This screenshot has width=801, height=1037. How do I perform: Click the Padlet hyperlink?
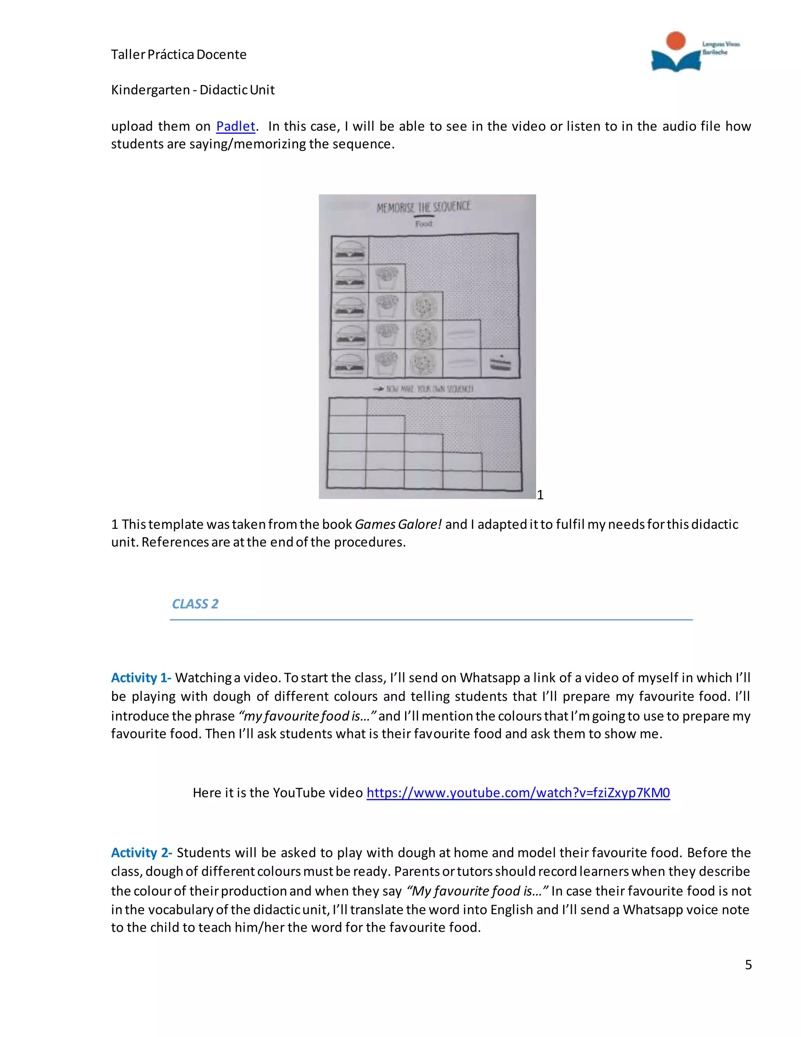pyautogui.click(x=235, y=126)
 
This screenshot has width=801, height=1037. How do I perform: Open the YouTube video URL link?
pyautogui.click(x=518, y=792)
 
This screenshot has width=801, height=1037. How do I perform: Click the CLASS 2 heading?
pyautogui.click(x=195, y=604)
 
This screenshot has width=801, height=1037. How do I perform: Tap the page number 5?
pyautogui.click(x=748, y=965)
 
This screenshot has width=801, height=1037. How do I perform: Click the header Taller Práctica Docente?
pyautogui.click(x=178, y=55)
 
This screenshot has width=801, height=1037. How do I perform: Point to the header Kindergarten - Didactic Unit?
pyautogui.click(x=193, y=90)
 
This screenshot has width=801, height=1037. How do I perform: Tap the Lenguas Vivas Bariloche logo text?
pyautogui.click(x=720, y=48)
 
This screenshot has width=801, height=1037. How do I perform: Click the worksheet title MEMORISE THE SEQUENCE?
pyautogui.click(x=423, y=207)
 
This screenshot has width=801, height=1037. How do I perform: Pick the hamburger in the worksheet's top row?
pyautogui.click(x=350, y=250)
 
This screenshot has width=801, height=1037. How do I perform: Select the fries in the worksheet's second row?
pyautogui.click(x=387, y=278)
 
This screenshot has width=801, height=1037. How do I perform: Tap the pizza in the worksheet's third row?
pyautogui.click(x=423, y=307)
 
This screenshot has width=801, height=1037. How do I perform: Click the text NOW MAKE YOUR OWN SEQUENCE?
pyautogui.click(x=424, y=389)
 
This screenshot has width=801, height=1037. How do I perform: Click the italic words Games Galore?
pyautogui.click(x=398, y=524)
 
